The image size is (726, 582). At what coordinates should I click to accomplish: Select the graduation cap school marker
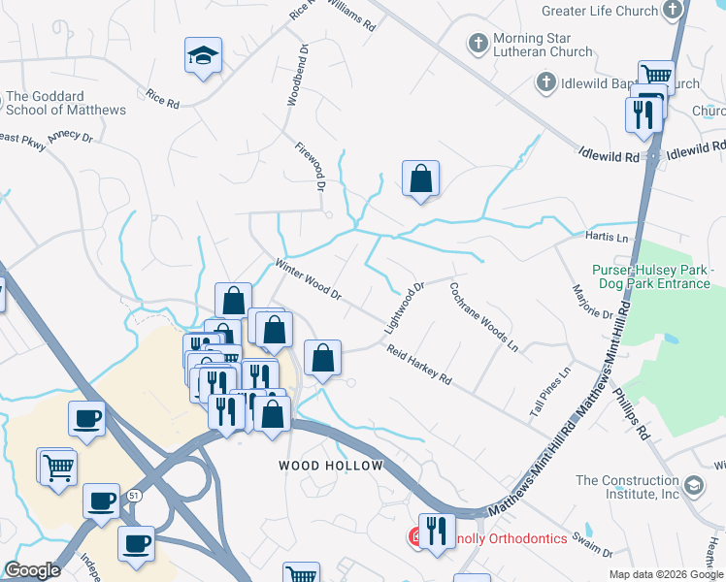(204, 56)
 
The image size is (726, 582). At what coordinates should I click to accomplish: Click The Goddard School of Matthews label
(66, 104)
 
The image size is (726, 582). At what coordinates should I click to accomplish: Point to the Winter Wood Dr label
(309, 278)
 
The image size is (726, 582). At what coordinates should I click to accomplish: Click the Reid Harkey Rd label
(418, 363)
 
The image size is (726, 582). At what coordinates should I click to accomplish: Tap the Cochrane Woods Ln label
(483, 316)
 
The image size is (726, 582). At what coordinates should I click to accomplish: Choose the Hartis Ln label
(608, 238)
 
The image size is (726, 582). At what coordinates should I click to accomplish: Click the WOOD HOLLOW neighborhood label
(331, 466)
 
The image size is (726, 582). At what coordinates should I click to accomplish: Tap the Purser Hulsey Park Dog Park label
(651, 276)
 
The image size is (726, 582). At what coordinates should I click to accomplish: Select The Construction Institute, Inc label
(628, 487)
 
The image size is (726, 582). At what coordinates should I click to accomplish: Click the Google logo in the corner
(32, 570)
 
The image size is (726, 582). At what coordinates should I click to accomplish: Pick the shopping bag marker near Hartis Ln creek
(420, 179)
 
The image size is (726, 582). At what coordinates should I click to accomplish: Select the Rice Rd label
(163, 99)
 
